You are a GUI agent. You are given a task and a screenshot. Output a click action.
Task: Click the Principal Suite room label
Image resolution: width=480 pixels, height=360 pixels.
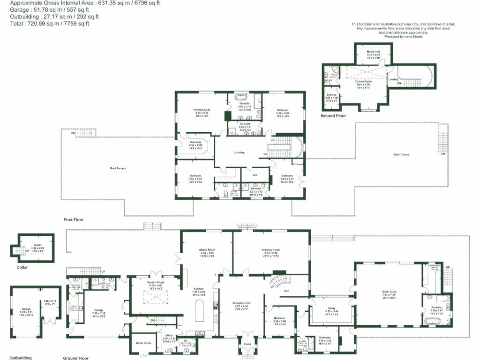(x=202, y=110)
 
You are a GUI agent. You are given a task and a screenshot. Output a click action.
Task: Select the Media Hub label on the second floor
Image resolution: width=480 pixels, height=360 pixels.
(x=373, y=52)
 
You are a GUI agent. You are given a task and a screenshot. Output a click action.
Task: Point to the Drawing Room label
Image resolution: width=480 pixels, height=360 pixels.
(x=270, y=250)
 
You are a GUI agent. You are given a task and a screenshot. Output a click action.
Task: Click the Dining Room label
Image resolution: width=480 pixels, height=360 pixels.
(x=207, y=250)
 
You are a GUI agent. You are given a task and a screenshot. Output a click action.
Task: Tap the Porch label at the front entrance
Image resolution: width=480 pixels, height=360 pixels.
(x=247, y=344)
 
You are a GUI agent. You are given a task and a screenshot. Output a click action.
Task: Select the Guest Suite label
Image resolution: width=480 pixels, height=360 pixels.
(x=389, y=292)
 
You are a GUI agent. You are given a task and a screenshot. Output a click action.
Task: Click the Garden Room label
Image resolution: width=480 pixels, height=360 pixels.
(x=156, y=283)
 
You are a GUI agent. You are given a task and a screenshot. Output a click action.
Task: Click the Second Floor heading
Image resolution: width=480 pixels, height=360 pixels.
(x=333, y=115)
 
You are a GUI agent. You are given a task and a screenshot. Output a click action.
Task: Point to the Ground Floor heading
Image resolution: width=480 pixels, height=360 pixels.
(x=75, y=358)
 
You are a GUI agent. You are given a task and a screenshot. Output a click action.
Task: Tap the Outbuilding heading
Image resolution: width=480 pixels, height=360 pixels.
(x=21, y=358)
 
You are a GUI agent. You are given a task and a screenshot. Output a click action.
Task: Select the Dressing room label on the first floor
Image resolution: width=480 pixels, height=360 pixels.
(x=195, y=142)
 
